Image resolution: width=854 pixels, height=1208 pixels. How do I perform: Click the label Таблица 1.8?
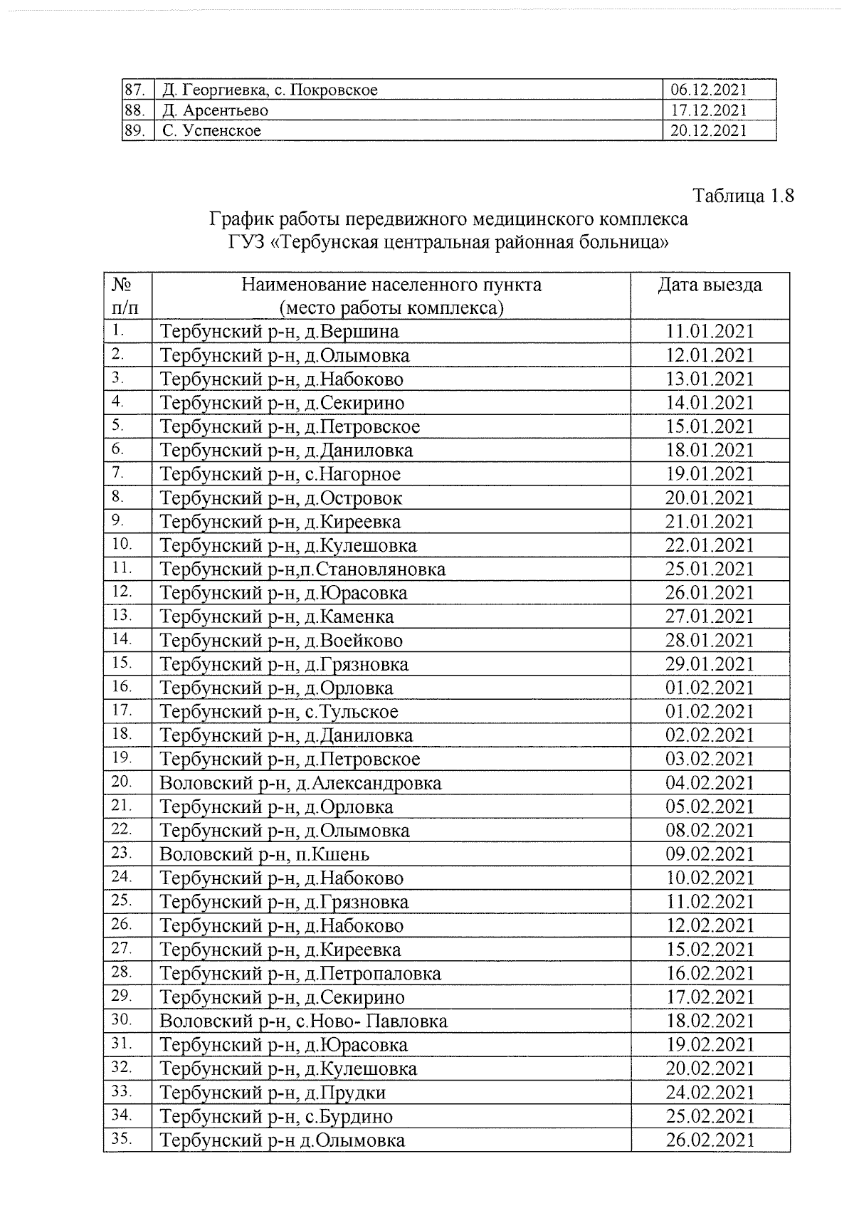[x=743, y=196]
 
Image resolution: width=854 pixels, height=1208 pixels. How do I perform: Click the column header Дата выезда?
[x=710, y=285]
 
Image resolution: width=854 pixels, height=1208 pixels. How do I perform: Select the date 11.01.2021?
[x=710, y=332]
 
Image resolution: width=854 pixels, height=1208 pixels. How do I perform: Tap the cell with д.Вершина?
[x=280, y=332]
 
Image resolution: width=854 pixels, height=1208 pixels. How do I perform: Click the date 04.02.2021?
[x=710, y=783]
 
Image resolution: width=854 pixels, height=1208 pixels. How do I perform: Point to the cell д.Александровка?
[x=300, y=783]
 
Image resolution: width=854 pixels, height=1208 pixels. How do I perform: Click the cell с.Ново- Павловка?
[x=304, y=1021]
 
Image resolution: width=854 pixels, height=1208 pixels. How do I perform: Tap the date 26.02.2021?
[x=710, y=1140]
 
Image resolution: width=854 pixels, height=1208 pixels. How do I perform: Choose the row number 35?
[x=122, y=1138]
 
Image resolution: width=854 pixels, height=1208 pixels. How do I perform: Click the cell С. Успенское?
[x=211, y=131]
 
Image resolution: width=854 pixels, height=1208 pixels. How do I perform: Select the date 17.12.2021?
[x=709, y=110]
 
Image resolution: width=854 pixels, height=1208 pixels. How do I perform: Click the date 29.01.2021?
[x=710, y=664]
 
